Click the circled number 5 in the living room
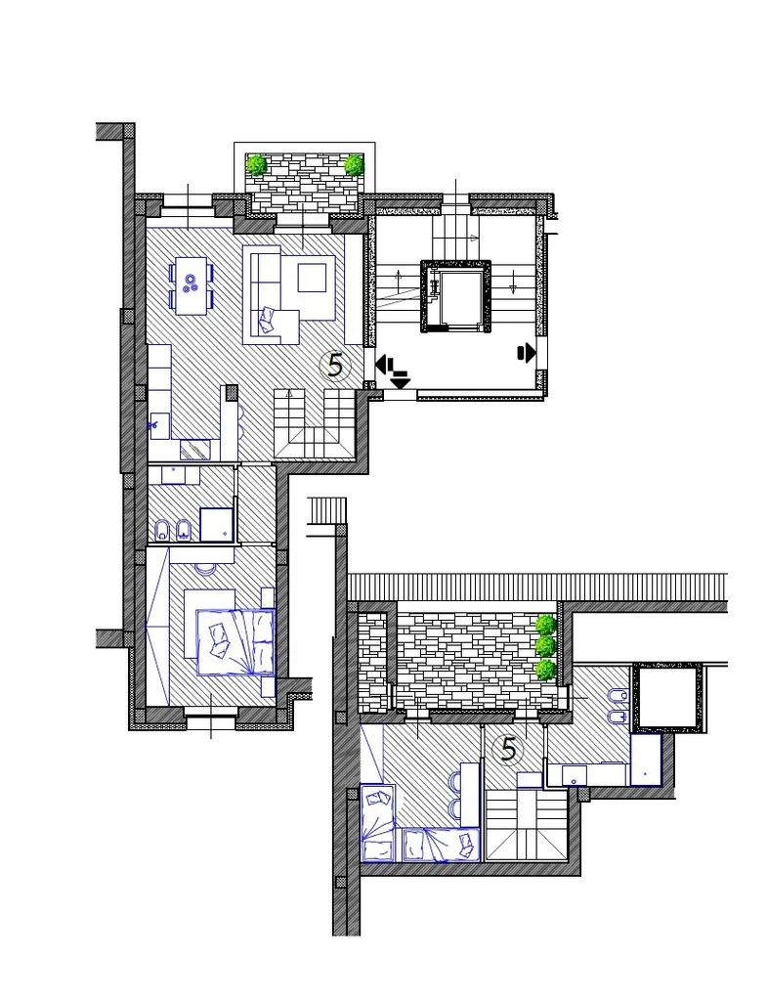pyautogui.click(x=335, y=366)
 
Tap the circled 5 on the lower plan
pyautogui.click(x=509, y=750)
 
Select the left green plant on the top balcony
pyautogui.click(x=257, y=164)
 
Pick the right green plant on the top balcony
pyautogui.click(x=354, y=164)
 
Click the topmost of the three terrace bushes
pyautogui.click(x=545, y=625)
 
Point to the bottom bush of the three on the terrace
pyautogui.click(x=545, y=670)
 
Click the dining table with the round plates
pyautogui.click(x=191, y=285)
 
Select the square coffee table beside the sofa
pyautogui.click(x=312, y=278)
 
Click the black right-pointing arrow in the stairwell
pyautogui.click(x=527, y=352)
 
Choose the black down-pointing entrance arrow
pyautogui.click(x=400, y=382)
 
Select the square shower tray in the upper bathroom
pyautogui.click(x=216, y=524)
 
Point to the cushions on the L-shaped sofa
pyautogui.click(x=268, y=320)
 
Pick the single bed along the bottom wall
pyautogui.click(x=441, y=845)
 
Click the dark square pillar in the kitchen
pyautogui.click(x=231, y=392)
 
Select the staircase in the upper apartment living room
pyautogui.click(x=314, y=424)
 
